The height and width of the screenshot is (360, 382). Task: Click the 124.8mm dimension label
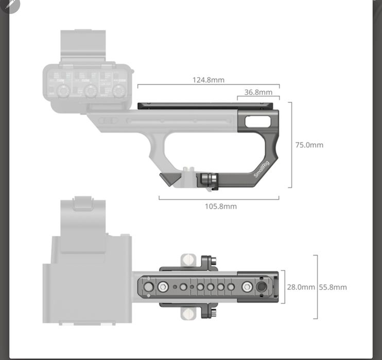click(209, 80)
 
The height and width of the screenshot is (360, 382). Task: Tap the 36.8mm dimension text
click(258, 93)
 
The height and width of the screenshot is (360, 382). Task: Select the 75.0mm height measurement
click(309, 145)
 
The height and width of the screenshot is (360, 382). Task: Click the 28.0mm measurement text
click(301, 287)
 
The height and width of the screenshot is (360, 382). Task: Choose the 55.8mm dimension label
click(333, 287)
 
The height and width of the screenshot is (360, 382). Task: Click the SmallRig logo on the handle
click(262, 169)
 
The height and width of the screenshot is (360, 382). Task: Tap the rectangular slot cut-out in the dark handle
click(257, 121)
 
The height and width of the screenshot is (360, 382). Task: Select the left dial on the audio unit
click(63, 92)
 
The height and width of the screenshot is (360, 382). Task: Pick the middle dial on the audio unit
click(91, 92)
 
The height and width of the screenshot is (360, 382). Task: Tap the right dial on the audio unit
click(119, 92)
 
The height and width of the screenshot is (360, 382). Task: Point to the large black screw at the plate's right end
click(262, 287)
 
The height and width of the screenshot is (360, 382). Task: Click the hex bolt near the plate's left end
click(163, 287)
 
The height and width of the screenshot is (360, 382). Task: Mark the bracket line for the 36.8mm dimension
click(258, 97)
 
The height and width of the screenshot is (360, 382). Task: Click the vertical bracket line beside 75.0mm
click(291, 145)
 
